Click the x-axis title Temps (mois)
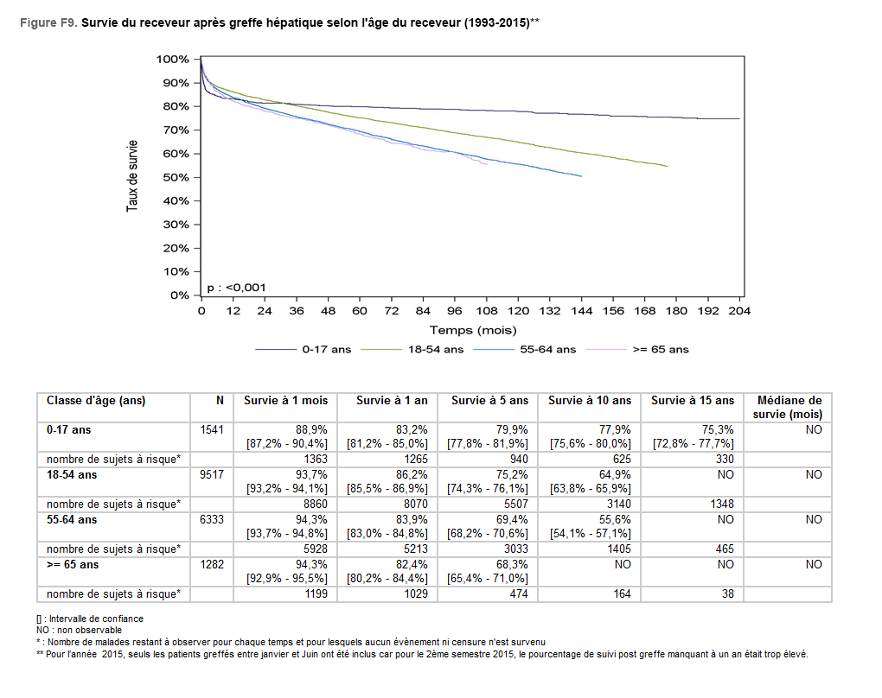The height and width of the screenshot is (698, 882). click(x=472, y=330)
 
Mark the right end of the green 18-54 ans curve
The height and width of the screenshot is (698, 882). click(x=667, y=166)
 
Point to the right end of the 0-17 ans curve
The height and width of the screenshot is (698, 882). click(x=739, y=118)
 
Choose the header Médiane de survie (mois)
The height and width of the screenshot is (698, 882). click(x=789, y=407)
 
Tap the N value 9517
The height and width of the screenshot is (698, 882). click(x=212, y=474)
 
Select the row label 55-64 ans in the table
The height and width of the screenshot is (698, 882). click(x=72, y=519)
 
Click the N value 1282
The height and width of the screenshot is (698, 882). click(x=212, y=564)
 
